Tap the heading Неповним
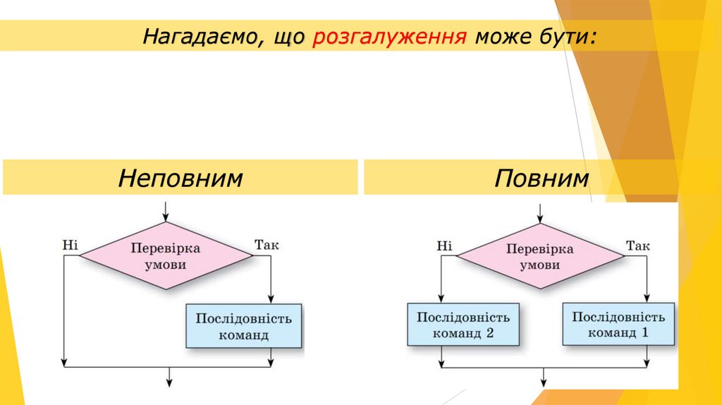tap(180, 177)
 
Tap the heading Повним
tap(541, 177)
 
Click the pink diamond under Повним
tap(540, 257)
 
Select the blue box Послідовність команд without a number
tap(243, 325)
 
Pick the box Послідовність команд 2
tap(463, 325)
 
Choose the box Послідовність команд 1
tap(618, 324)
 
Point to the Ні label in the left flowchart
tap(70, 245)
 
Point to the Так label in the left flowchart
tap(267, 245)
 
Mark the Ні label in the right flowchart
tap(444, 246)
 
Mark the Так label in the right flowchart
tap(638, 246)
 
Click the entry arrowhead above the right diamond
tap(540, 217)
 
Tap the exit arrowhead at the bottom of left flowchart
tap(169, 382)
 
